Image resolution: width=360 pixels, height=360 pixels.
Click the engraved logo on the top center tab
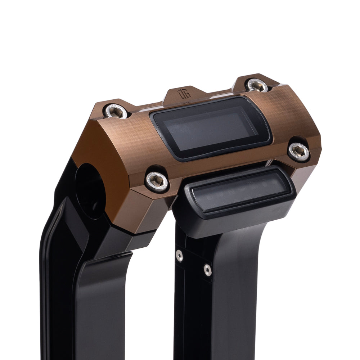[x=181, y=94]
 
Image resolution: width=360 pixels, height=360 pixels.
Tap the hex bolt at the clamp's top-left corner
[x=116, y=111]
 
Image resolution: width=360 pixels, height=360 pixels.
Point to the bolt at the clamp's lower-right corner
[x=299, y=152]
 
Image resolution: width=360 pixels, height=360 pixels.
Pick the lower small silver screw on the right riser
[x=207, y=269]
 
